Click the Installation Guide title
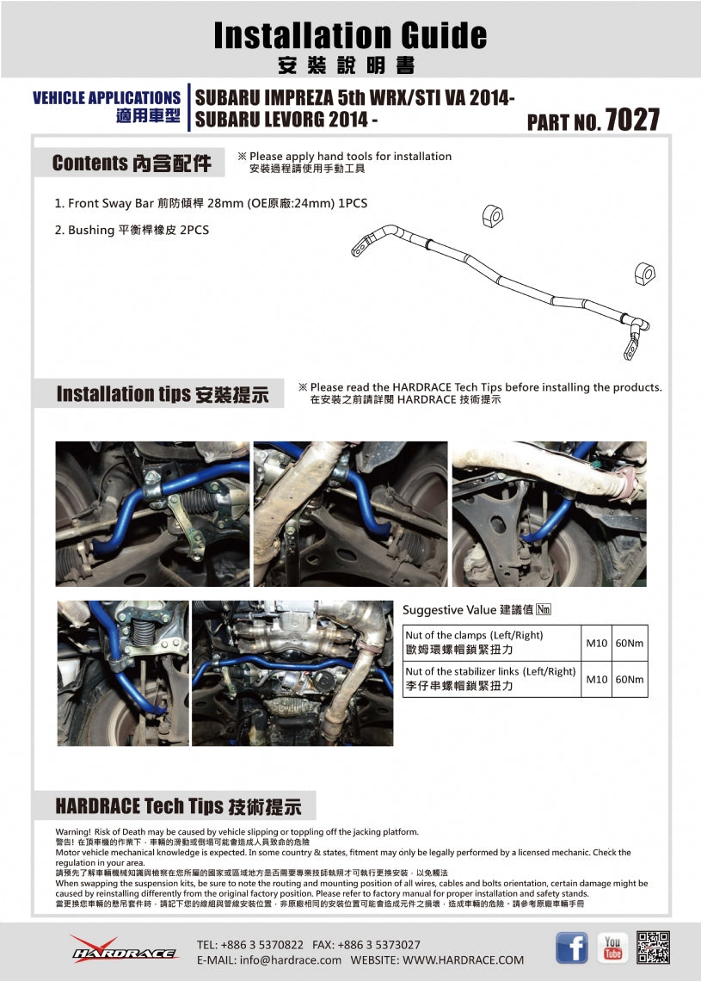coord(350,35)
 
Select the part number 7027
coord(632,120)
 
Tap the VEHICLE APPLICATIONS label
coord(106,97)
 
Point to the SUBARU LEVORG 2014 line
coord(286,120)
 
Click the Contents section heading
coord(131,163)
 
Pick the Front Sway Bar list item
coord(205,204)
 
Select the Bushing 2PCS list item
coord(132,230)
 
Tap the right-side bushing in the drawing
coord(644,273)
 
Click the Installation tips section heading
coord(162,394)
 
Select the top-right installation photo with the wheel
coord(549,514)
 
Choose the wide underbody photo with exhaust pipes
coord(292,673)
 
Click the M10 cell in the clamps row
coord(596,644)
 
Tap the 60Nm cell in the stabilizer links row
coord(629,680)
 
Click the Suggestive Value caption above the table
coord(476,610)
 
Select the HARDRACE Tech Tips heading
coord(178,806)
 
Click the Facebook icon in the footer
coord(571,947)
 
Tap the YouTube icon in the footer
coord(612,947)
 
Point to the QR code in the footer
coord(653,947)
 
